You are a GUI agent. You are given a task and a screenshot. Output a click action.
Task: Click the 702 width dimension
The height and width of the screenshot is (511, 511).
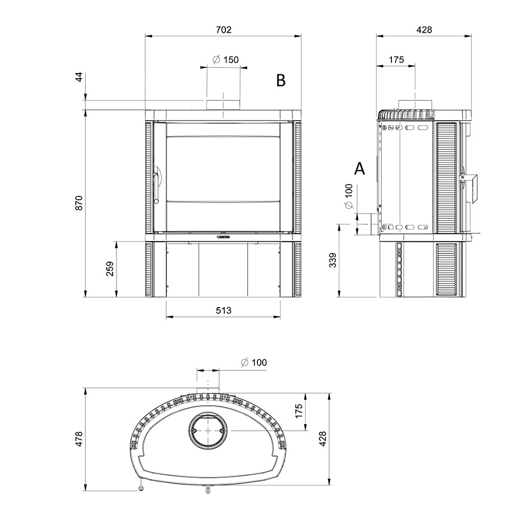(x=224, y=30)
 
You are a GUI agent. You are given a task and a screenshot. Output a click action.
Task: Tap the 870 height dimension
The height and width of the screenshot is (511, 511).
(x=79, y=203)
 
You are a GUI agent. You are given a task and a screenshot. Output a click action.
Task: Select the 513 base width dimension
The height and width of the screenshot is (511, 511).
(x=224, y=310)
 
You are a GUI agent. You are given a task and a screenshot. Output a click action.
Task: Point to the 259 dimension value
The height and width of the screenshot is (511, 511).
(x=110, y=269)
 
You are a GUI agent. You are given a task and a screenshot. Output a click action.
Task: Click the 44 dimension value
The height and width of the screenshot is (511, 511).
(x=79, y=78)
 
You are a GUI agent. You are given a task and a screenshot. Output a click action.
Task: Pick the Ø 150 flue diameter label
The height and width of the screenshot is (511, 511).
(x=225, y=60)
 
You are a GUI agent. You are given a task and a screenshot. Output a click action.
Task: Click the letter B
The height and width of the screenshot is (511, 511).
(x=281, y=80)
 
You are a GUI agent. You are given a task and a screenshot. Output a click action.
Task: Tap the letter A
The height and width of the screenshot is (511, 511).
(x=359, y=169)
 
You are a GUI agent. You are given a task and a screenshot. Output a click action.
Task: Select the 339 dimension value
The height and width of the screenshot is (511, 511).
(x=333, y=260)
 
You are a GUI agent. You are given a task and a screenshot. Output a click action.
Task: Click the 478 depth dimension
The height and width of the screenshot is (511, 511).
(x=79, y=438)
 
